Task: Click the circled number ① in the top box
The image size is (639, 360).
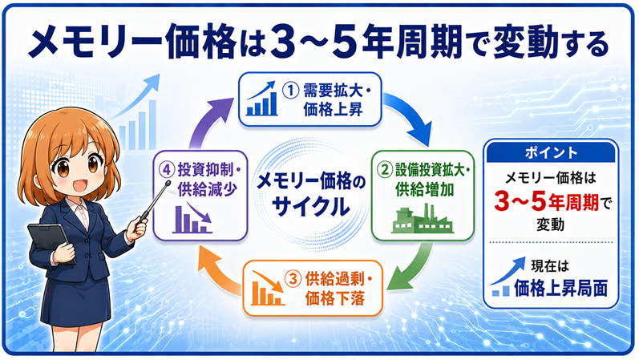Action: pos(291,90)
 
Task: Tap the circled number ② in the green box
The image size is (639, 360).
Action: pos(385,170)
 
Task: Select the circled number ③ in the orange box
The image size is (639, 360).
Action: pos(293,279)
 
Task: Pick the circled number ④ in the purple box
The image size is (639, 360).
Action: pos(166,170)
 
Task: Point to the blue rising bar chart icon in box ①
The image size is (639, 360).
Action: pos(261,99)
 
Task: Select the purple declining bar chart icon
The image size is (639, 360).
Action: pos(192,219)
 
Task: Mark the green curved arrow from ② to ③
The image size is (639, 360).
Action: pos(412,269)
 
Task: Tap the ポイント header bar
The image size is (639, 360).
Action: pos(551,152)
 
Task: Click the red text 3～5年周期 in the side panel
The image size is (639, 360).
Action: pos(546,202)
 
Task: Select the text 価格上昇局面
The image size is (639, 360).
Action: pos(560,288)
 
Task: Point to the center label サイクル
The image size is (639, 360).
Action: pos(310,206)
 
